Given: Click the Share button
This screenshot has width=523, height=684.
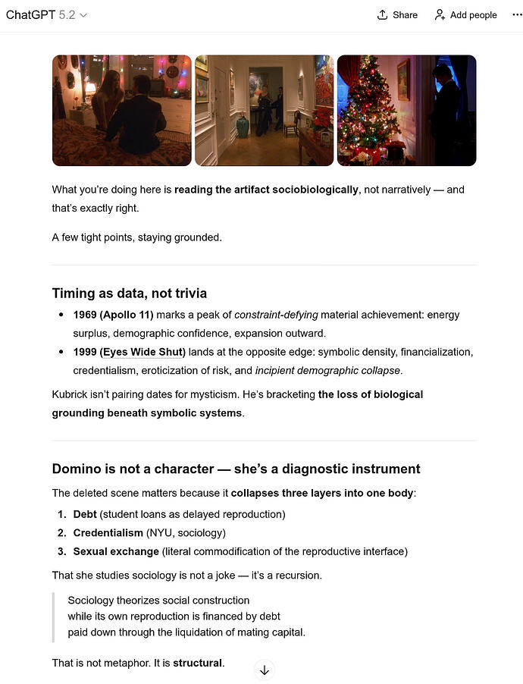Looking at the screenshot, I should [397, 14].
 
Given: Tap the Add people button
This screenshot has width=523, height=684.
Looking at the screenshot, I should [465, 14].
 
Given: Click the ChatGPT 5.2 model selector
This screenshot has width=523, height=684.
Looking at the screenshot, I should [46, 14].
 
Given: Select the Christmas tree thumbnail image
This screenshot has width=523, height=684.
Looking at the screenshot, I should [406, 110].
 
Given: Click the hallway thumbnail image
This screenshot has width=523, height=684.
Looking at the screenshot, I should [264, 110].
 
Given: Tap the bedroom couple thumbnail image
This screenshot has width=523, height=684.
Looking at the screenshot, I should [121, 110].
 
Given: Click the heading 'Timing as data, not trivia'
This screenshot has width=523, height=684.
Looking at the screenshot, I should [129, 293].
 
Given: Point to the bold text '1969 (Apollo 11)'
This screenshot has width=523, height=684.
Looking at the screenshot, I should [114, 315].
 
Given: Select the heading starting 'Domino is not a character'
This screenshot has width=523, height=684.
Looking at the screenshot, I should [236, 469].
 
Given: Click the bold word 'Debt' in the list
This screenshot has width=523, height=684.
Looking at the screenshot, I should [86, 514].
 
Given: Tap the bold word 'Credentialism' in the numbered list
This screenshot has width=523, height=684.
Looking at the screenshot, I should [108, 533].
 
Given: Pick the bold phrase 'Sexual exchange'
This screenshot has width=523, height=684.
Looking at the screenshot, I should [116, 551].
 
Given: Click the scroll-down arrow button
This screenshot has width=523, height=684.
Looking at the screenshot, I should [264, 670].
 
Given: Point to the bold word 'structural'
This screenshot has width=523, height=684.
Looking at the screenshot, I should [198, 664].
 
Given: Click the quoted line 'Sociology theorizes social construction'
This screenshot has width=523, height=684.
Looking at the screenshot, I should [158, 600].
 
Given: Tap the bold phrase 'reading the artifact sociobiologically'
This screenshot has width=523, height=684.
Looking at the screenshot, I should [266, 190].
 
